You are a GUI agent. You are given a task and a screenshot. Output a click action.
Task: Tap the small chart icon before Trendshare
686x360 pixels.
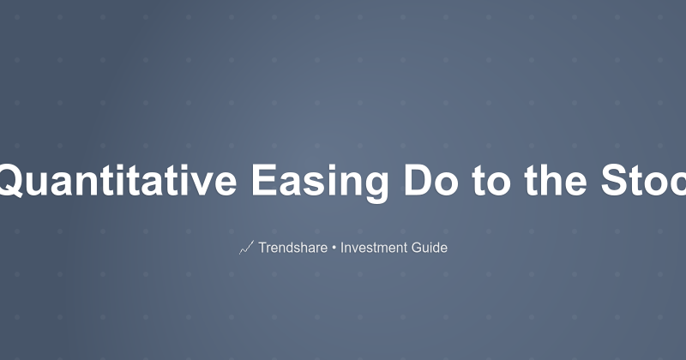[x=246, y=248]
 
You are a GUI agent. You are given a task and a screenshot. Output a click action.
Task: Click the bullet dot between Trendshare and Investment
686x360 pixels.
[x=335, y=248]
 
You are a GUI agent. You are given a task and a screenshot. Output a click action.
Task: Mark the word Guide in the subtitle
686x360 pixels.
[x=429, y=248]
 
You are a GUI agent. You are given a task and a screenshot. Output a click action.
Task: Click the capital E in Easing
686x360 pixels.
[x=262, y=181]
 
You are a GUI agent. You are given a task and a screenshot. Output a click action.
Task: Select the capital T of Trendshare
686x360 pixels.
[x=262, y=248]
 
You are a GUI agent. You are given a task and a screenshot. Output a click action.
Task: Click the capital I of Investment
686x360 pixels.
[x=342, y=248]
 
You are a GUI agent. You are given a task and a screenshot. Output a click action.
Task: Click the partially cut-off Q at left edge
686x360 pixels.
[x=9, y=181]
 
